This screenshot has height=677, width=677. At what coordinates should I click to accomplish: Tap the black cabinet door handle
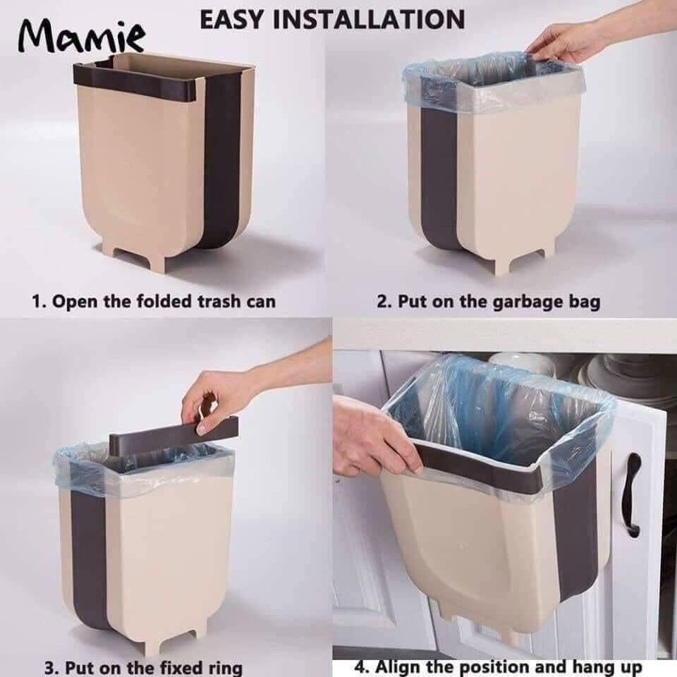[x=633, y=493]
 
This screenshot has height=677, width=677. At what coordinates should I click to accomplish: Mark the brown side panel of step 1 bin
[x=222, y=162]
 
